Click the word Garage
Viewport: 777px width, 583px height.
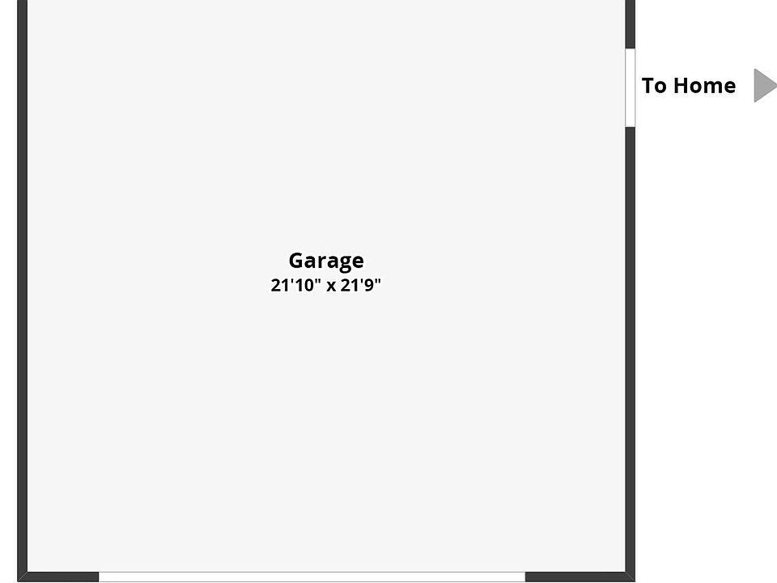click(x=326, y=261)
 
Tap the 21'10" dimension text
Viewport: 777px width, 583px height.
click(x=295, y=286)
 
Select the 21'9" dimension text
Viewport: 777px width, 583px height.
click(x=360, y=286)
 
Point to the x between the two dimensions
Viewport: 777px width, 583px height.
click(x=331, y=287)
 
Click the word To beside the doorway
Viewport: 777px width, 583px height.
click(x=654, y=86)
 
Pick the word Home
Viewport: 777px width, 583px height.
click(x=704, y=86)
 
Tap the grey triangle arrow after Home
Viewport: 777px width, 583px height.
click(x=763, y=85)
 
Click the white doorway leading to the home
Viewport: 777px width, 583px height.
click(x=630, y=87)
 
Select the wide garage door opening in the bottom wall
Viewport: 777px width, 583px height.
click(x=312, y=577)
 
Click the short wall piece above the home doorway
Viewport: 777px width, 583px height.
click(x=630, y=23)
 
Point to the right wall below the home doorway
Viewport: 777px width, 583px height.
click(x=630, y=348)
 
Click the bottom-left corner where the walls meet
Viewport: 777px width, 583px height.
click(x=23, y=577)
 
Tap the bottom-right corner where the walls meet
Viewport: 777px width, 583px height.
click(x=630, y=577)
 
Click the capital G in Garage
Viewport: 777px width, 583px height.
click(x=297, y=261)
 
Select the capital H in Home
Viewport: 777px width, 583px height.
click(x=681, y=86)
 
